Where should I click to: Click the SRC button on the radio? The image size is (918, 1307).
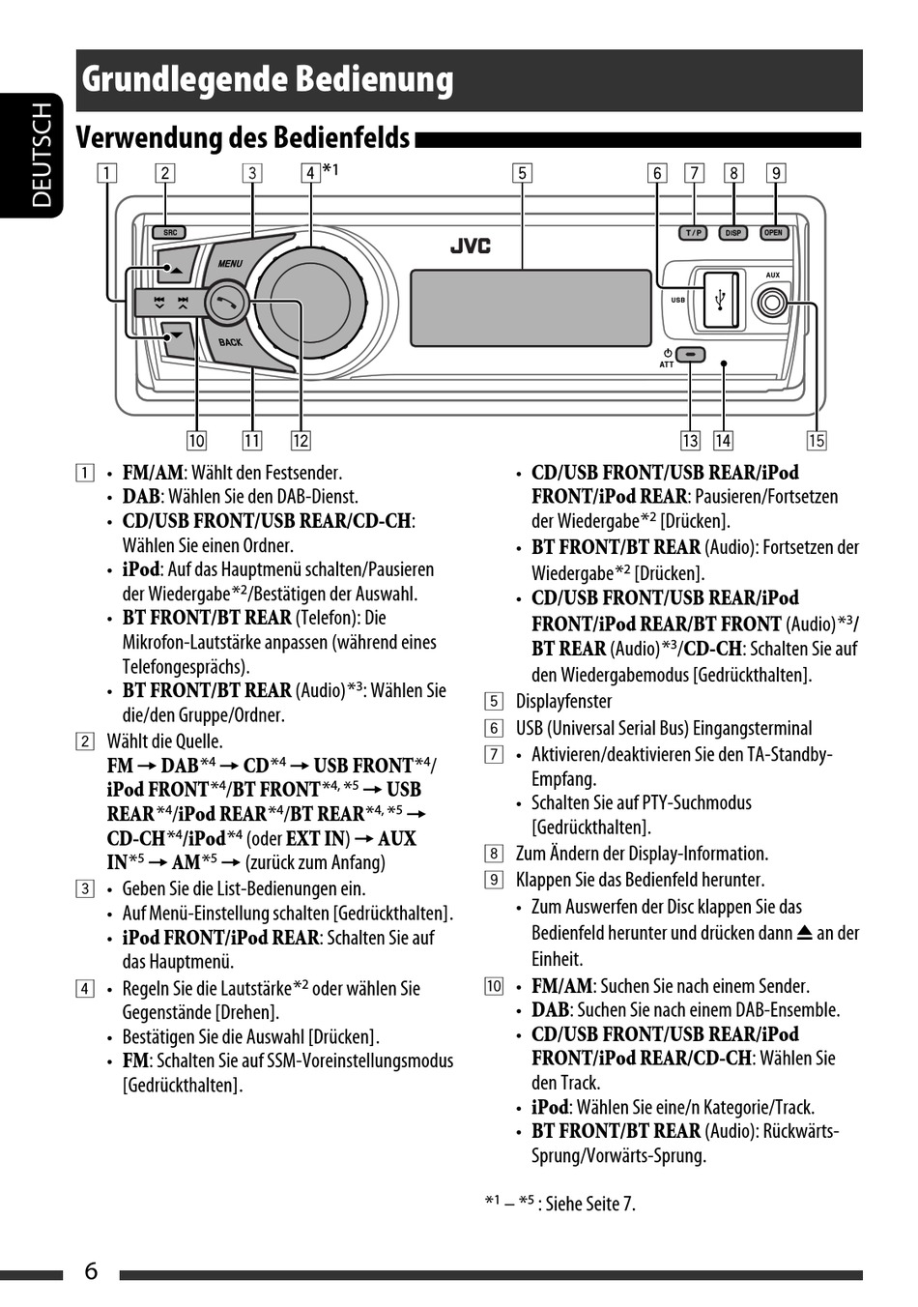pyautogui.click(x=170, y=232)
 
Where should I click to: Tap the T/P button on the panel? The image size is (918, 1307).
pyautogui.click(x=694, y=233)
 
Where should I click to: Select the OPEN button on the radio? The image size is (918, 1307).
pyautogui.click(x=774, y=233)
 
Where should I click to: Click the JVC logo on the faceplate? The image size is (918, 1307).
pyautogui.click(x=471, y=246)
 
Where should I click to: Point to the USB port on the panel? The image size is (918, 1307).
pyautogui.click(x=721, y=300)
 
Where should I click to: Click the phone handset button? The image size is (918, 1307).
pyautogui.click(x=226, y=301)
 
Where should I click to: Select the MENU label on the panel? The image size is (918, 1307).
pyautogui.click(x=230, y=263)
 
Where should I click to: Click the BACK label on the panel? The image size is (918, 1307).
pyautogui.click(x=230, y=342)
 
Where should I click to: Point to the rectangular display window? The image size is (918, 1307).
pyautogui.click(x=531, y=307)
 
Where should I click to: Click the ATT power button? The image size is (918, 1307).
pyautogui.click(x=691, y=354)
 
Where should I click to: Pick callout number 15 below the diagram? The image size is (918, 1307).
pyautogui.click(x=817, y=441)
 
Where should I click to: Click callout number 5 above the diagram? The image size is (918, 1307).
pyautogui.click(x=522, y=173)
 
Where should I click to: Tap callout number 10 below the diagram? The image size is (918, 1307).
pyautogui.click(x=196, y=441)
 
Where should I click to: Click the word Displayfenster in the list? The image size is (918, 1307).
pyautogui.click(x=563, y=702)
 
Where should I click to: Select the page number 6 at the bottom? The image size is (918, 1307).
pyautogui.click(x=91, y=1270)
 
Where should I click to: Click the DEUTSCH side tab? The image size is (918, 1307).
pyautogui.click(x=42, y=155)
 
